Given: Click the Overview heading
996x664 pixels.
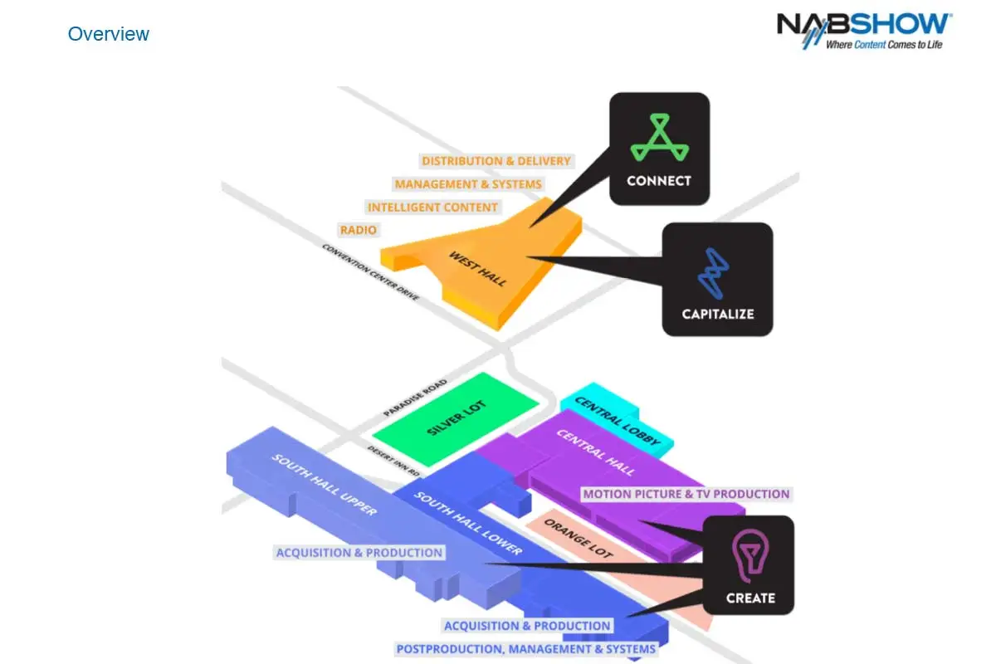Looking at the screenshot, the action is [108, 34].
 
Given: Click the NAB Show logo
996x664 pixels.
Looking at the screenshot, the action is [864, 31].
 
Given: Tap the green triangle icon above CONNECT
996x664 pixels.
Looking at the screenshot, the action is [659, 137].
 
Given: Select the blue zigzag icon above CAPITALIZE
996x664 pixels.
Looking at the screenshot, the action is [713, 273].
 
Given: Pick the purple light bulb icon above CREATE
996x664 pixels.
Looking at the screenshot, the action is [750, 555].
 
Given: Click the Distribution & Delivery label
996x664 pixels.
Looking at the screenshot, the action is [496, 160].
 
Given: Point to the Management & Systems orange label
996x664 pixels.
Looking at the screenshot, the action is [468, 184].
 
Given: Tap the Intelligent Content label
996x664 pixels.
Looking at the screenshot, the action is [432, 207].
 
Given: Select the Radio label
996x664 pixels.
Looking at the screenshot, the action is [359, 230].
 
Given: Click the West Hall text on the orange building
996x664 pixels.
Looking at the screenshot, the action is [477, 269].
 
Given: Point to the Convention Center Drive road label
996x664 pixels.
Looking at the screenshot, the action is [370, 272].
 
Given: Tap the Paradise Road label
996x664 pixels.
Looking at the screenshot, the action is [415, 398].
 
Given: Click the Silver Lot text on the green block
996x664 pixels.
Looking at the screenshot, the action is [456, 417].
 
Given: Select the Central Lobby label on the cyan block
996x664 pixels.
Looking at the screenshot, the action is [618, 421].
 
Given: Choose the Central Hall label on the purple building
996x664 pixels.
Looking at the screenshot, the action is [596, 452].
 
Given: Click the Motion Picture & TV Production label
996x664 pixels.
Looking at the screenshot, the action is [686, 494].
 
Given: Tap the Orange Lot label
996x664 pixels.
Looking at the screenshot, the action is [579, 539].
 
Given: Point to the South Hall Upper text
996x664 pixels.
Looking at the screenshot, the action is [325, 485].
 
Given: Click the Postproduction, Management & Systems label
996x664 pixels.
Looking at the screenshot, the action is [526, 649].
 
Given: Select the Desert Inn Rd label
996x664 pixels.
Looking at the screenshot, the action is [393, 461].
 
